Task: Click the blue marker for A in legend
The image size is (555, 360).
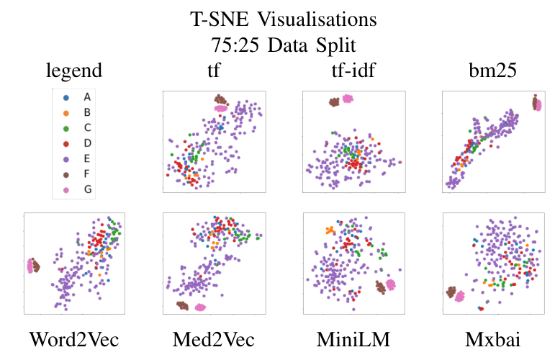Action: (67, 96)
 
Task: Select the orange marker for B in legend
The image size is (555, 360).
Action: (67, 112)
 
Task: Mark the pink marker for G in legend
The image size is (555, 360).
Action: (67, 189)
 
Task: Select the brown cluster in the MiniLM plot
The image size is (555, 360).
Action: (379, 287)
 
